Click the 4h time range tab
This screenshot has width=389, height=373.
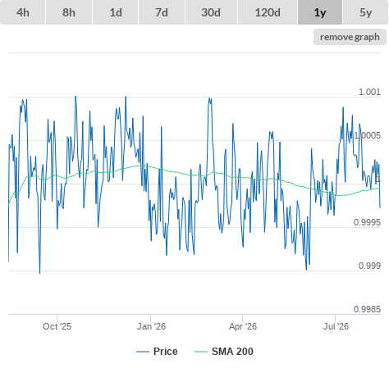(x=23, y=12)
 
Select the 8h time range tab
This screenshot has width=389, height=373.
(x=69, y=12)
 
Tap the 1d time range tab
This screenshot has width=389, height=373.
(x=116, y=12)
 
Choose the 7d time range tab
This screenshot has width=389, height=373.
(x=162, y=12)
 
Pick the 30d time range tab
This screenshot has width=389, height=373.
(x=211, y=12)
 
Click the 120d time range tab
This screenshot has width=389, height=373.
(x=268, y=12)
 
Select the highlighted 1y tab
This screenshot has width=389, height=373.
(x=320, y=12)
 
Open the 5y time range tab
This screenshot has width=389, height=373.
(x=366, y=12)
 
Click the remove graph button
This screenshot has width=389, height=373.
(x=350, y=37)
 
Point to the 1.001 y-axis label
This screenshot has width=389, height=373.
(x=369, y=92)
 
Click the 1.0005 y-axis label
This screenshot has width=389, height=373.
(x=367, y=135)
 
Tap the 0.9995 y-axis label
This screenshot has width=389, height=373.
(x=367, y=222)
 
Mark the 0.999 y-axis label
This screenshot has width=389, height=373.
(x=369, y=266)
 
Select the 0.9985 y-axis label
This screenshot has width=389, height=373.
(x=367, y=309)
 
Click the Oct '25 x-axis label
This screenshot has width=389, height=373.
(x=57, y=326)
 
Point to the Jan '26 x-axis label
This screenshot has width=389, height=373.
(x=151, y=326)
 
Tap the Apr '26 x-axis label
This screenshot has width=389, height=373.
(x=243, y=326)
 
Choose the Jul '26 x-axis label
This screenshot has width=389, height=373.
(x=336, y=326)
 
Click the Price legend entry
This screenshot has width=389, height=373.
(x=157, y=352)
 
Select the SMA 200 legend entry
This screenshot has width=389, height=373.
(x=224, y=352)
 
